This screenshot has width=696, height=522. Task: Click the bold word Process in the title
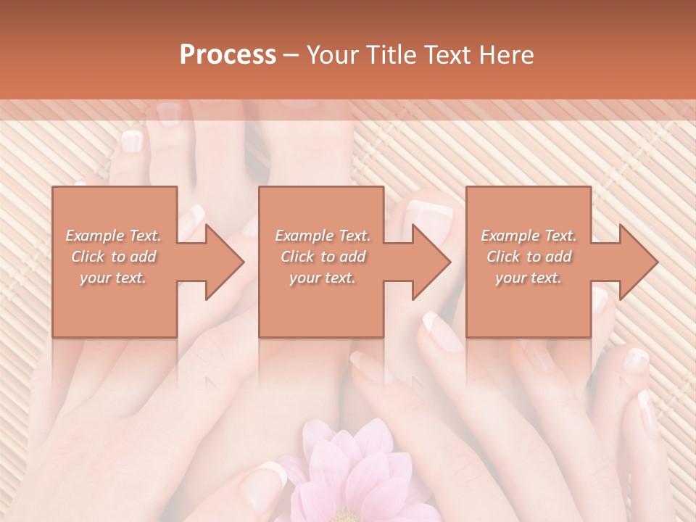[x=228, y=55]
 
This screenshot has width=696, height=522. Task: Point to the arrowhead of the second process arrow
[x=430, y=262]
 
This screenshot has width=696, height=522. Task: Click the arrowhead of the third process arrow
[x=637, y=262]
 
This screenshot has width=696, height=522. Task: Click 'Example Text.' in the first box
[x=113, y=236]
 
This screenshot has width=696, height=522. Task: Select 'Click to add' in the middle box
[x=323, y=257]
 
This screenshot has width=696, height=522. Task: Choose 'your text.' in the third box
[x=529, y=278]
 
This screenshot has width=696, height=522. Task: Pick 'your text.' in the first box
[x=113, y=278]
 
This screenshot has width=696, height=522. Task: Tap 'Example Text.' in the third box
[x=529, y=236]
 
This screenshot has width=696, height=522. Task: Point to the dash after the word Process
[x=291, y=55]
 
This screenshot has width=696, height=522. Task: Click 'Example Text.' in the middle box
[x=323, y=236]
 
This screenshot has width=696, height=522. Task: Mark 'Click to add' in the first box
[x=113, y=257]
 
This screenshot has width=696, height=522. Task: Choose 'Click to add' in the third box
[x=529, y=257]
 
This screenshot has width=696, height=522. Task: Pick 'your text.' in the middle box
[x=323, y=278]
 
